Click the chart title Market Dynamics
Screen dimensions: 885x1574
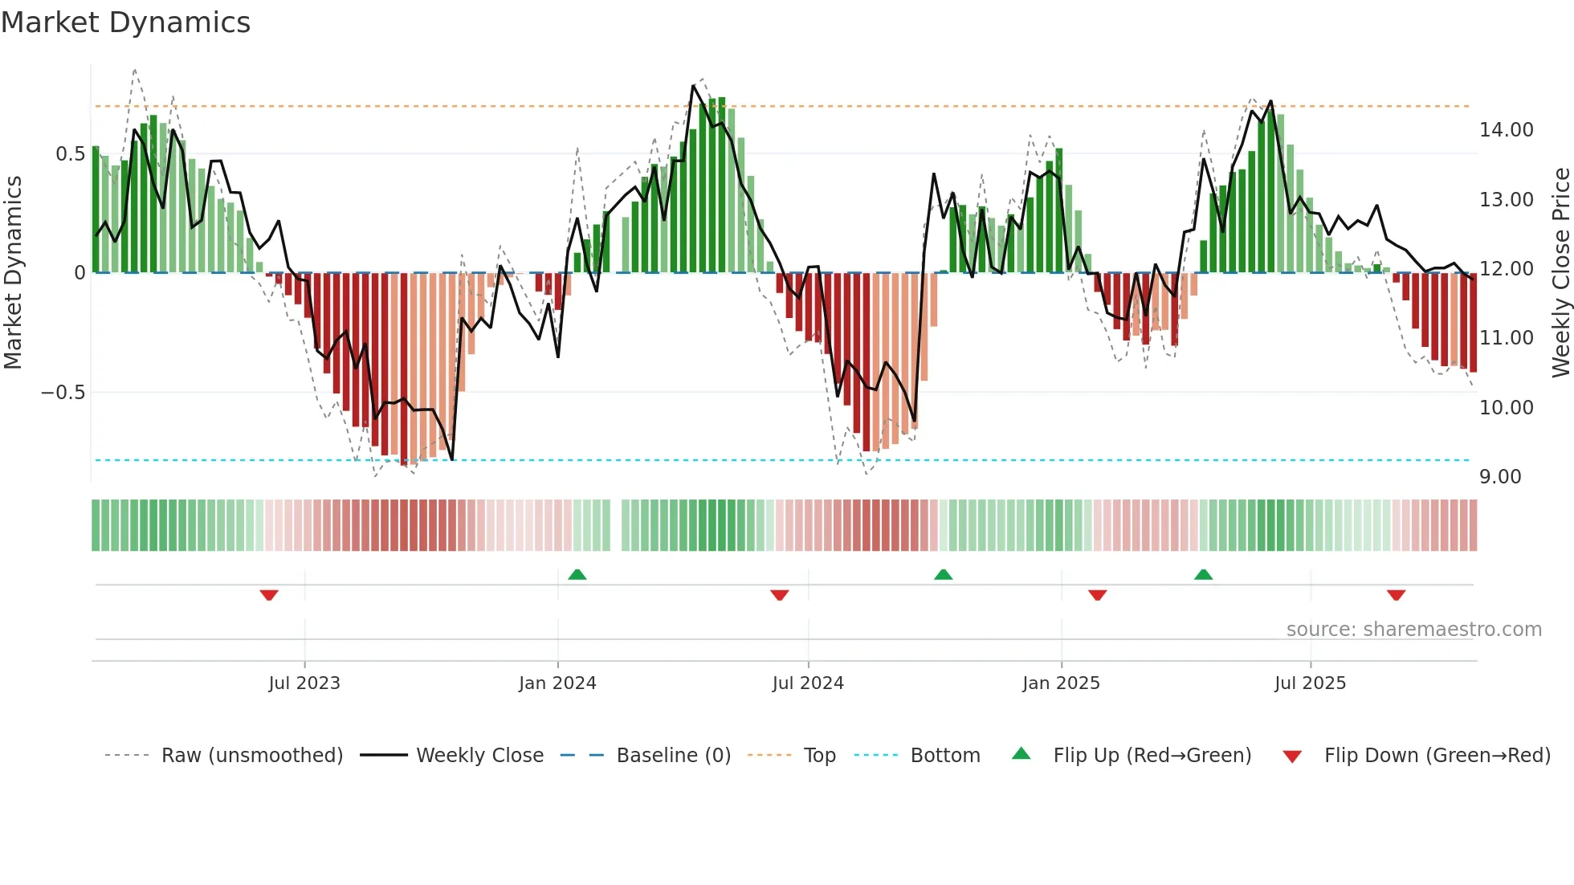(x=125, y=22)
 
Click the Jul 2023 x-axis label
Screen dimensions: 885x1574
(x=304, y=683)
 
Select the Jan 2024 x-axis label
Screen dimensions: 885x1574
(x=557, y=683)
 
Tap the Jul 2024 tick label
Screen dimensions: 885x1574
(x=808, y=683)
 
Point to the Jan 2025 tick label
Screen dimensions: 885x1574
(x=1061, y=683)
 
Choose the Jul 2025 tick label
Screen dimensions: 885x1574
(x=1310, y=683)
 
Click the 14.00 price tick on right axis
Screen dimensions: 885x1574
(x=1506, y=130)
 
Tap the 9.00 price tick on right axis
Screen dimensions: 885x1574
(x=1500, y=477)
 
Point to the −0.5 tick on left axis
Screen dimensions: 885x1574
(x=63, y=393)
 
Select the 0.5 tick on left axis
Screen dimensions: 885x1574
(x=70, y=154)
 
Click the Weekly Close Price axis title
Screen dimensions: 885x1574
(x=1560, y=272)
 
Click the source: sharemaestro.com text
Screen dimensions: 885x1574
(x=1413, y=630)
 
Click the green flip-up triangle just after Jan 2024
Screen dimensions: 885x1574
(x=577, y=575)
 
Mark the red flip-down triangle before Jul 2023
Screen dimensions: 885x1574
(x=269, y=594)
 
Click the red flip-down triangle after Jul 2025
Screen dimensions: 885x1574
(x=1396, y=594)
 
